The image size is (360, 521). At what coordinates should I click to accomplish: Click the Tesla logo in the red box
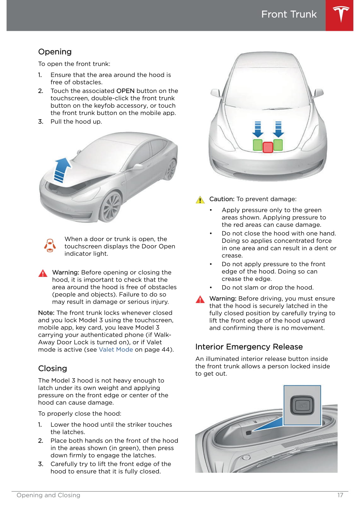click(x=341, y=14)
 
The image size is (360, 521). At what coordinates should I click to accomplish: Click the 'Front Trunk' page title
click(x=289, y=14)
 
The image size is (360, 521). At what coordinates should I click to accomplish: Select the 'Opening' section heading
click(x=55, y=52)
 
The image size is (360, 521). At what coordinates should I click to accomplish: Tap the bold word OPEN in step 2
click(x=125, y=91)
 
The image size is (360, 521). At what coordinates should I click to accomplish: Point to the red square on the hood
click(x=268, y=147)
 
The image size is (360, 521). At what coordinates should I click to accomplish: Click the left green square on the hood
click(x=258, y=145)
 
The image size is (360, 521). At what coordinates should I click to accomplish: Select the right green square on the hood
click(x=278, y=145)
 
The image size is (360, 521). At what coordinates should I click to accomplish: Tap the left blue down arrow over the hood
click(x=258, y=129)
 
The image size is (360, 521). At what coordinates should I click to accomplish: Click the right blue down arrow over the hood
click(x=278, y=129)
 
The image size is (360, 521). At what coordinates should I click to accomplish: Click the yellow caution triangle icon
click(x=200, y=199)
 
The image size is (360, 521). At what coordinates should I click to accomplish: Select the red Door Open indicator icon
click(x=50, y=246)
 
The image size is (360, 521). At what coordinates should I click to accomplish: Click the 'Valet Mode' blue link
click(x=116, y=349)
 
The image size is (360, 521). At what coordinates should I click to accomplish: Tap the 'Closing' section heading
click(x=52, y=368)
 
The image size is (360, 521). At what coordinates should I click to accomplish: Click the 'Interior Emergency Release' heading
click(x=249, y=346)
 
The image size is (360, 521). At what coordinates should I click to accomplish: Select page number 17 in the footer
click(x=340, y=495)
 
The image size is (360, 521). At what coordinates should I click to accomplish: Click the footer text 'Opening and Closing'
click(x=48, y=495)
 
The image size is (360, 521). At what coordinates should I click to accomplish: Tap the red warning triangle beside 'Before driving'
click(x=200, y=299)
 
